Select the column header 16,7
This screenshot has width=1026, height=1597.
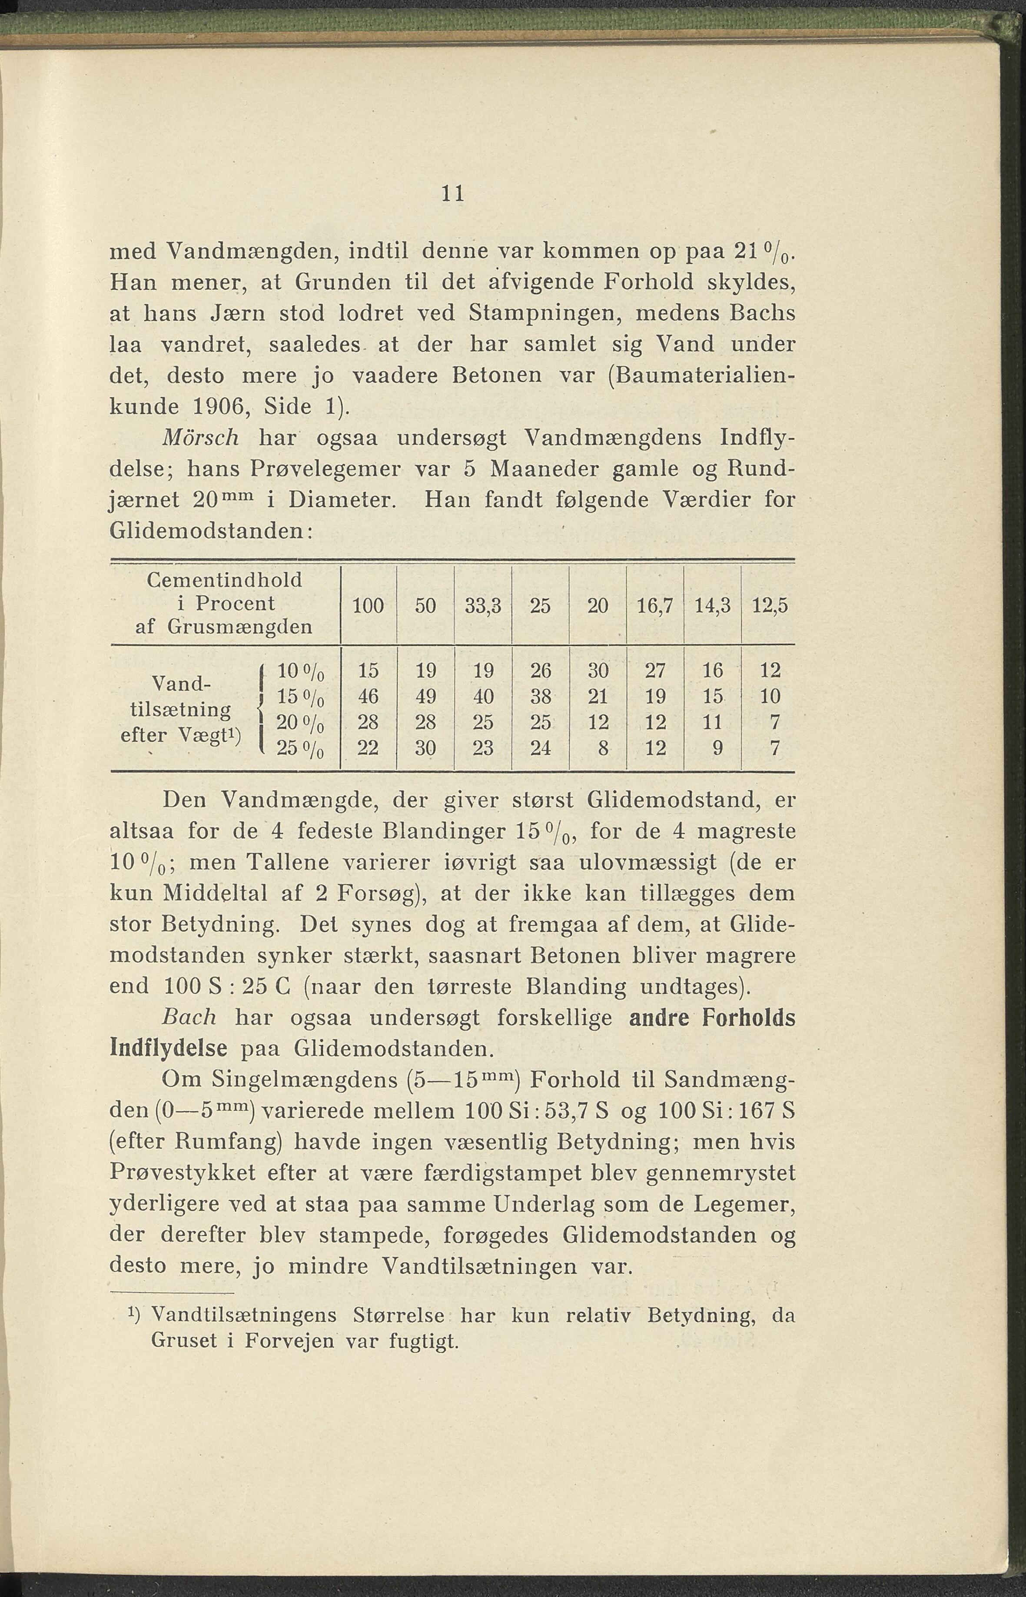click(656, 606)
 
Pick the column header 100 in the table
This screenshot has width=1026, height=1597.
click(368, 606)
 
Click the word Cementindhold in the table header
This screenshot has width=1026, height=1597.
click(225, 580)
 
